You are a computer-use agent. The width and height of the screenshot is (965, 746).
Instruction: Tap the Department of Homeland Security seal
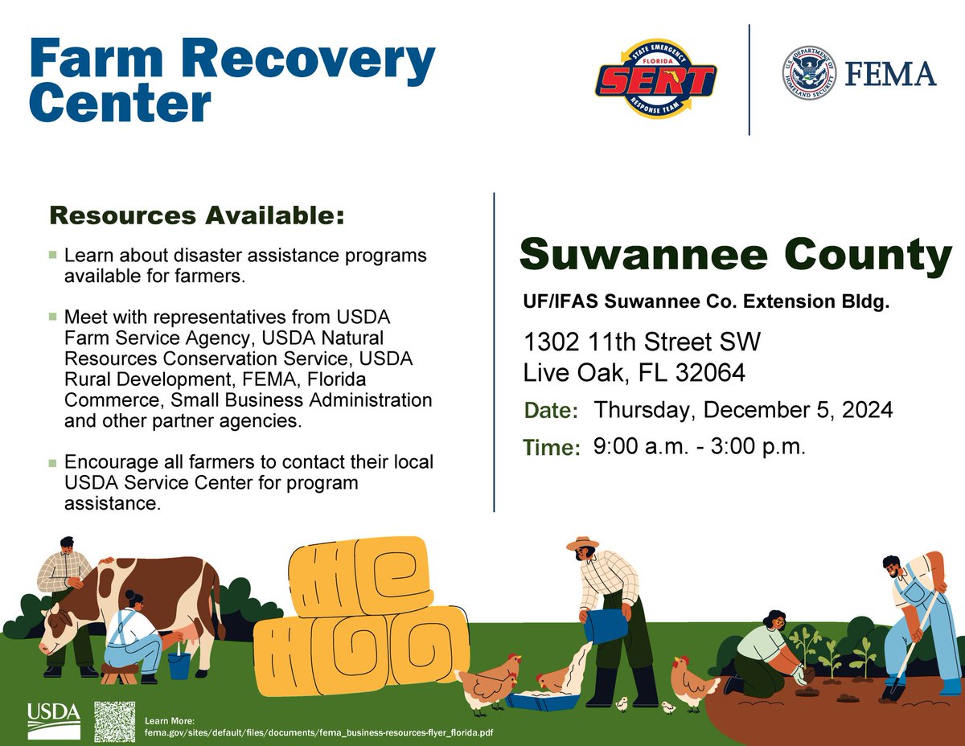click(808, 73)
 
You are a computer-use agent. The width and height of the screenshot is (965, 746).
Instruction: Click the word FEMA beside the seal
click(890, 74)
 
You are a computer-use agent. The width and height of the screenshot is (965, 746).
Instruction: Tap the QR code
click(114, 721)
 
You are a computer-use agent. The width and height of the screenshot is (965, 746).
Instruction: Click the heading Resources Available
click(197, 215)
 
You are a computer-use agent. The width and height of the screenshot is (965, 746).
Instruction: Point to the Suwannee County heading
click(735, 256)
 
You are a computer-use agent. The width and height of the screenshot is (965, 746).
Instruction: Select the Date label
click(552, 412)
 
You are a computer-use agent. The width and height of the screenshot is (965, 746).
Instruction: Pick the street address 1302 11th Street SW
click(642, 342)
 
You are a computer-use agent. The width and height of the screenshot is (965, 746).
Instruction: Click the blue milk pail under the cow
click(179, 665)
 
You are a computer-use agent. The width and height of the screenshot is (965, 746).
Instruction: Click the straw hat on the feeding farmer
click(582, 543)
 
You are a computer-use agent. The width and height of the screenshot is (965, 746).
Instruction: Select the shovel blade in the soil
click(892, 690)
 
